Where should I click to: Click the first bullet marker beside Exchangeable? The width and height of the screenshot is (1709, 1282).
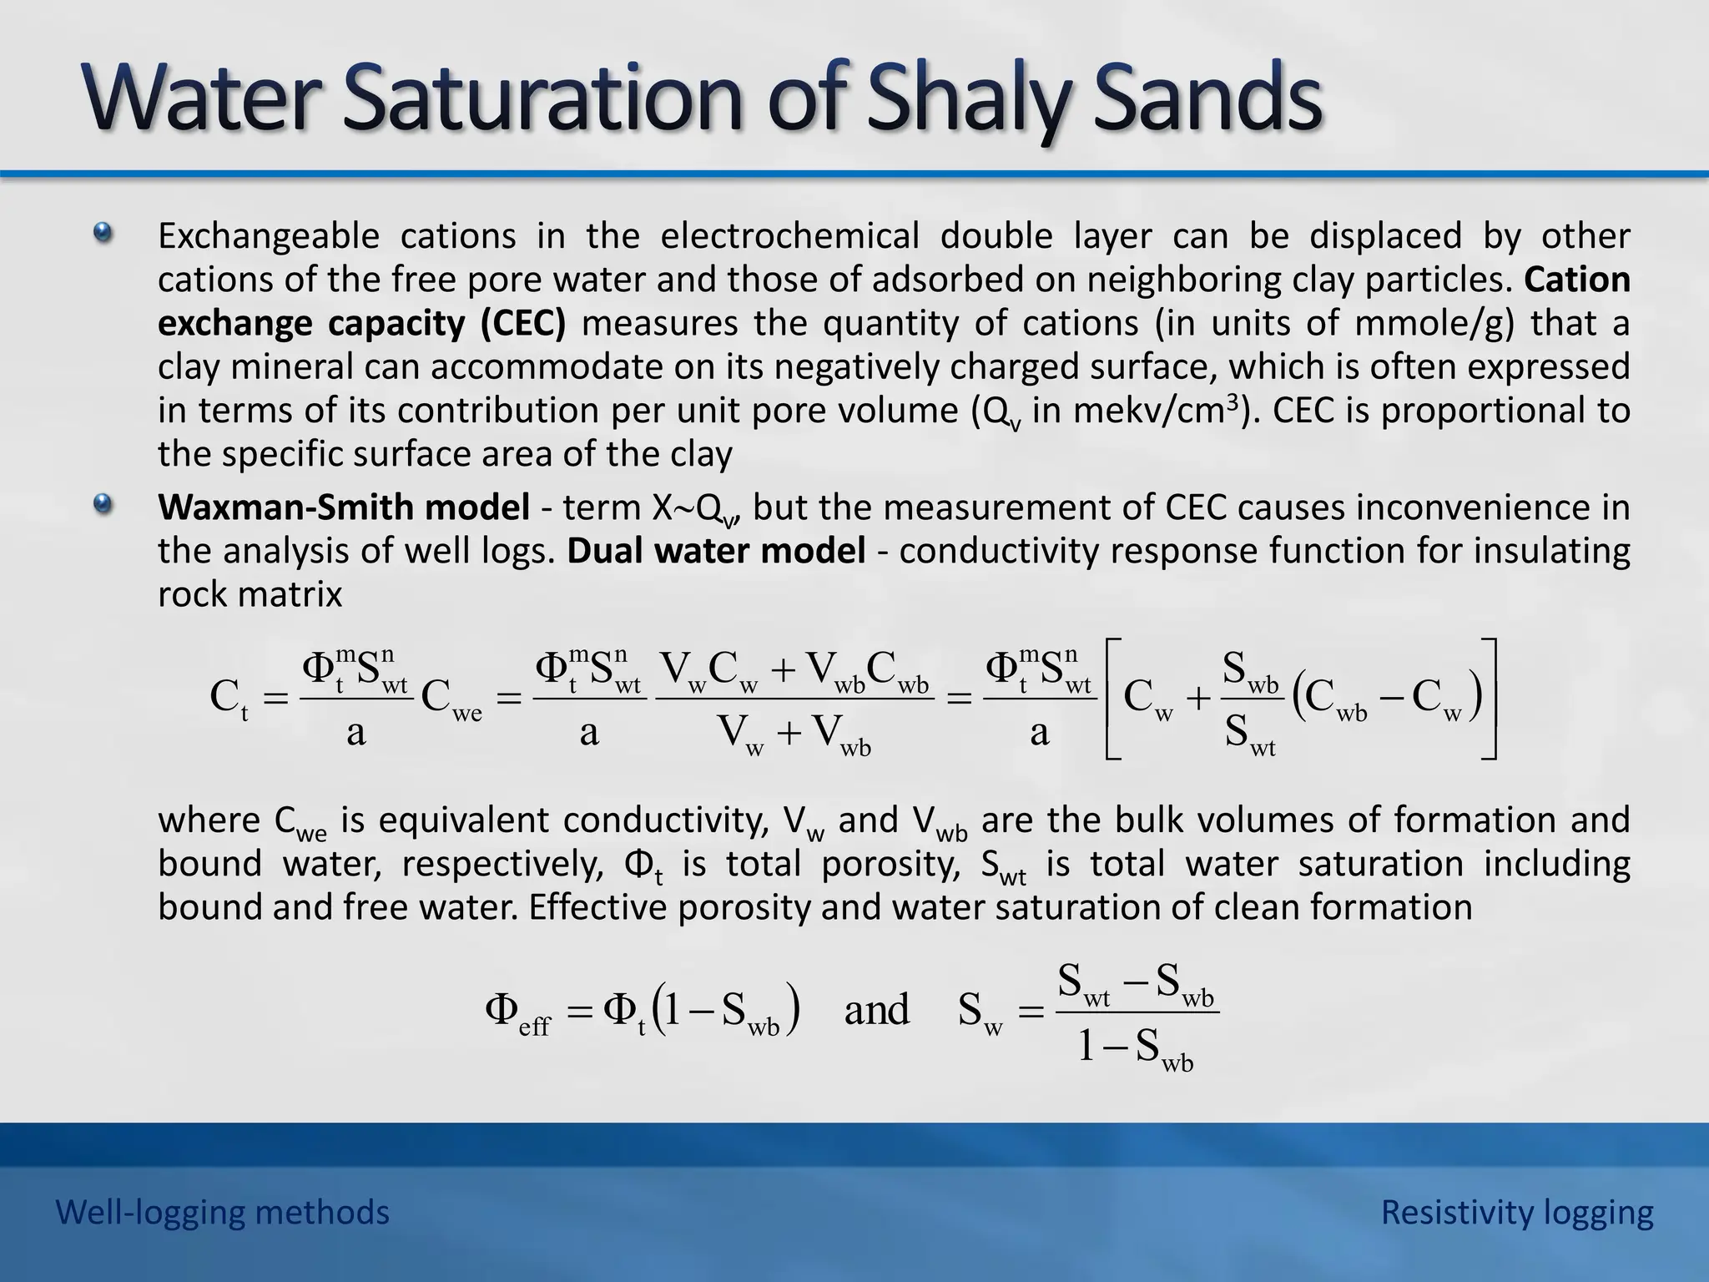pyautogui.click(x=103, y=233)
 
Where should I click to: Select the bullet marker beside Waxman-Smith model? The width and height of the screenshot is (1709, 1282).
pyautogui.click(x=103, y=504)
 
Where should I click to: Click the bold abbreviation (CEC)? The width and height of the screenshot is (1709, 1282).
pyautogui.click(x=523, y=323)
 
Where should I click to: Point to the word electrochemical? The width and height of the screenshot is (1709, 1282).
pyautogui.click(x=789, y=236)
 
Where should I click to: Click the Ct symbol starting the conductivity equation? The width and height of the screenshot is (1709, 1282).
pyautogui.click(x=229, y=698)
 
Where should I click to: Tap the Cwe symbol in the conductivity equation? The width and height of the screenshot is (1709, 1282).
pyautogui.click(x=451, y=698)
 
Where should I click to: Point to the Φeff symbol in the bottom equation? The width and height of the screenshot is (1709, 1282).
pyautogui.click(x=517, y=1012)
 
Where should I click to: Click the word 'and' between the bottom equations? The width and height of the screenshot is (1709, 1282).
pyautogui.click(x=876, y=1010)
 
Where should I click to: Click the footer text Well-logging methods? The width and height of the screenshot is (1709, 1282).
pyautogui.click(x=223, y=1213)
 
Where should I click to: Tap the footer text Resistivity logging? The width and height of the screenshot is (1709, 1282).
pyautogui.click(x=1517, y=1213)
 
